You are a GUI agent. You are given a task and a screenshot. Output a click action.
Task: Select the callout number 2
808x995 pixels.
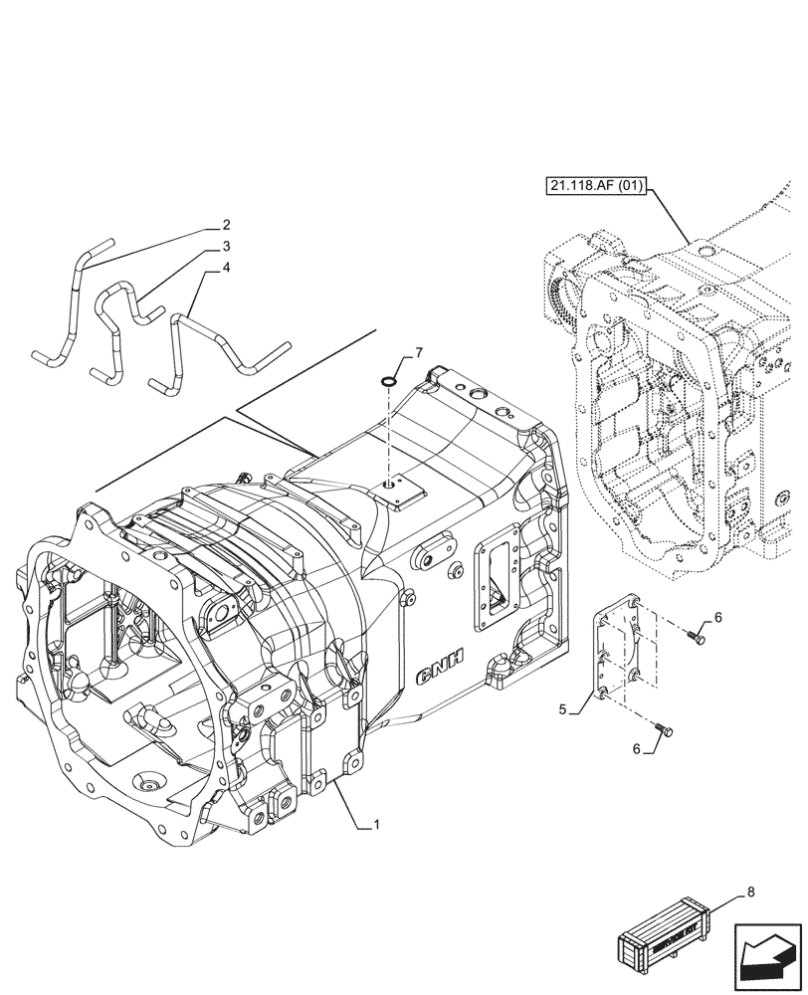point(226,225)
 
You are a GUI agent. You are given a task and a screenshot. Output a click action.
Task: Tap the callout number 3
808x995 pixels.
point(226,246)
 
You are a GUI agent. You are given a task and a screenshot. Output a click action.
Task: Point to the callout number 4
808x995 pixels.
point(226,267)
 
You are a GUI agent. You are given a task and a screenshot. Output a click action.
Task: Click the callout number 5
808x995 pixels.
point(563,710)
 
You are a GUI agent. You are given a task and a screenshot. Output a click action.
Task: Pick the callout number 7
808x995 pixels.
point(419,352)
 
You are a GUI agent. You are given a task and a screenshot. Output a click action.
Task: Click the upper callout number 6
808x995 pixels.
point(717,617)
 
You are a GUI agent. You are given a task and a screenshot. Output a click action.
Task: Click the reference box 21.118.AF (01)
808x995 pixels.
point(593,185)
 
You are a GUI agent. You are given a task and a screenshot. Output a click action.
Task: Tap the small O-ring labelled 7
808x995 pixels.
point(391,378)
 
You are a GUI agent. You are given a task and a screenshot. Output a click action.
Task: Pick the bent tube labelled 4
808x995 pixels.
point(214,343)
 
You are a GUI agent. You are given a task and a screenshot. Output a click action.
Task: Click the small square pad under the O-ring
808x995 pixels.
point(401,490)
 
